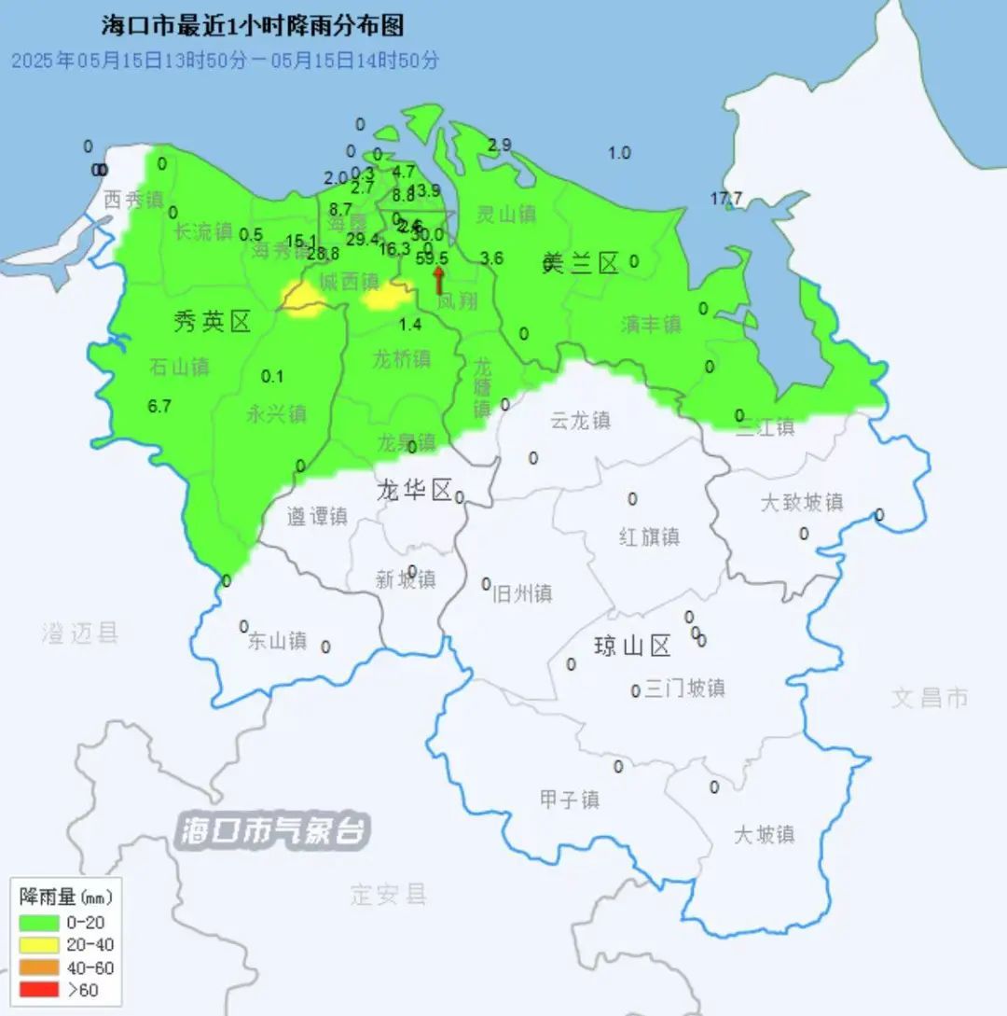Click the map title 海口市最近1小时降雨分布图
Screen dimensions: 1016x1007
tap(253, 25)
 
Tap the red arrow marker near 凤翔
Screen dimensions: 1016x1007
tap(438, 278)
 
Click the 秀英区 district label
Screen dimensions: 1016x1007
tap(213, 323)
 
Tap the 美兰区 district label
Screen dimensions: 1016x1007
tap(581, 264)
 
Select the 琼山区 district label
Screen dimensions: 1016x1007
tap(633, 646)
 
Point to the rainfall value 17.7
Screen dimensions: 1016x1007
tap(726, 198)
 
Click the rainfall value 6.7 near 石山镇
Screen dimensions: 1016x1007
tap(159, 406)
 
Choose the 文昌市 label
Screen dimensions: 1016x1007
tap(930, 697)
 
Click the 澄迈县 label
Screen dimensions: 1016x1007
tap(80, 634)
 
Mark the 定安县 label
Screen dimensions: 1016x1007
tap(389, 895)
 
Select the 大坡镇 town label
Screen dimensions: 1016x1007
tap(764, 834)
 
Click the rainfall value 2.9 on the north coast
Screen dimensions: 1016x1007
tap(500, 145)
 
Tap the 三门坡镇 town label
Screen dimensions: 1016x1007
tap(684, 689)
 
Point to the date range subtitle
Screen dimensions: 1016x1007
tap(225, 61)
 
